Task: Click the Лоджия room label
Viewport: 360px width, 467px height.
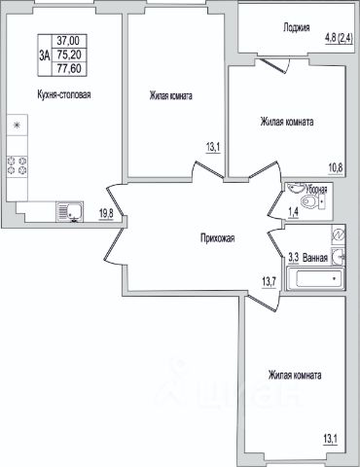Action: click(x=296, y=28)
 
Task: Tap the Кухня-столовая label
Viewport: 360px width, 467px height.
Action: click(x=64, y=95)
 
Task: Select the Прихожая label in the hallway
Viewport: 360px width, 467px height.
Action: click(x=217, y=238)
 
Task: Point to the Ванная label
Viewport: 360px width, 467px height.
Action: click(x=315, y=258)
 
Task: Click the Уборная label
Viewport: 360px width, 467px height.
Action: click(x=316, y=190)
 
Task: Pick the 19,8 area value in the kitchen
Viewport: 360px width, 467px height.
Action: click(x=106, y=213)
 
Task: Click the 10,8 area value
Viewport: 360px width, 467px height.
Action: click(x=336, y=168)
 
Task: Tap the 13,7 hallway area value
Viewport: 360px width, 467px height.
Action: click(x=269, y=282)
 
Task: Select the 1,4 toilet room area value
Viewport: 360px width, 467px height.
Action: click(x=293, y=213)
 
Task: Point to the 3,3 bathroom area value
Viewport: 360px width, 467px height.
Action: click(x=294, y=258)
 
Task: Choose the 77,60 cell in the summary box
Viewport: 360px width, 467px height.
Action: click(x=69, y=69)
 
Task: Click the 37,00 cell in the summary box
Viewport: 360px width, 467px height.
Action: click(x=68, y=41)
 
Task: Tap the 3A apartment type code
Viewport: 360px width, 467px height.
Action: click(x=45, y=55)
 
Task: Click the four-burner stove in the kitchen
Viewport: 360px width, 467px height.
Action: click(x=17, y=165)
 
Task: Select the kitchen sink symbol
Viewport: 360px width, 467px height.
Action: click(x=70, y=212)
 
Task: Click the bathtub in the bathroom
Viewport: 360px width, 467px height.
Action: click(x=314, y=278)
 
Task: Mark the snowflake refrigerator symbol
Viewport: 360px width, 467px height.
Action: click(x=17, y=126)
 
